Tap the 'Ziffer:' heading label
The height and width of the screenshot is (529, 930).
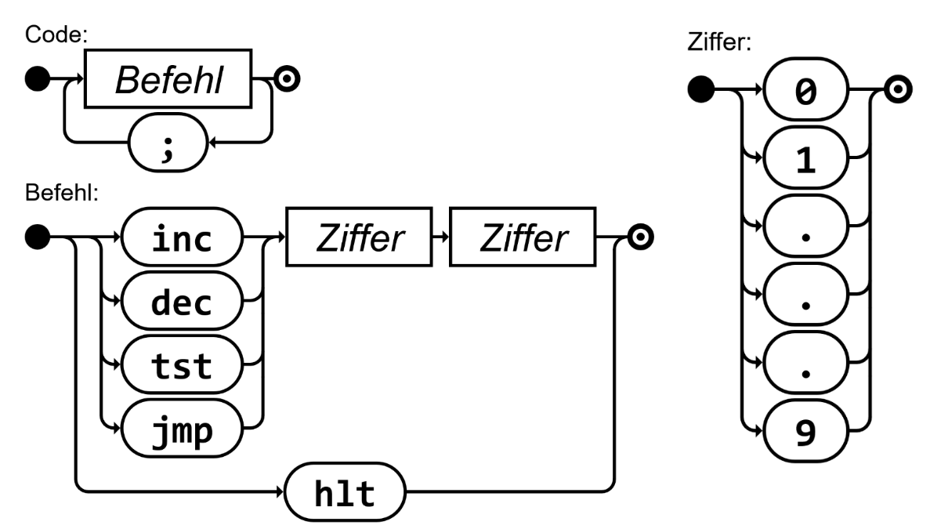(718, 42)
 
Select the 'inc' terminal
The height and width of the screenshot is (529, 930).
(182, 237)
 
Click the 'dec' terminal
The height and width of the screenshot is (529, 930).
(182, 302)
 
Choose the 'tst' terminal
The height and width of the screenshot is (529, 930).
(182, 366)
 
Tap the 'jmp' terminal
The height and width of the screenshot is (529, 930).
(182, 429)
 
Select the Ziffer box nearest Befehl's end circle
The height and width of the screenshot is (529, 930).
(523, 237)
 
